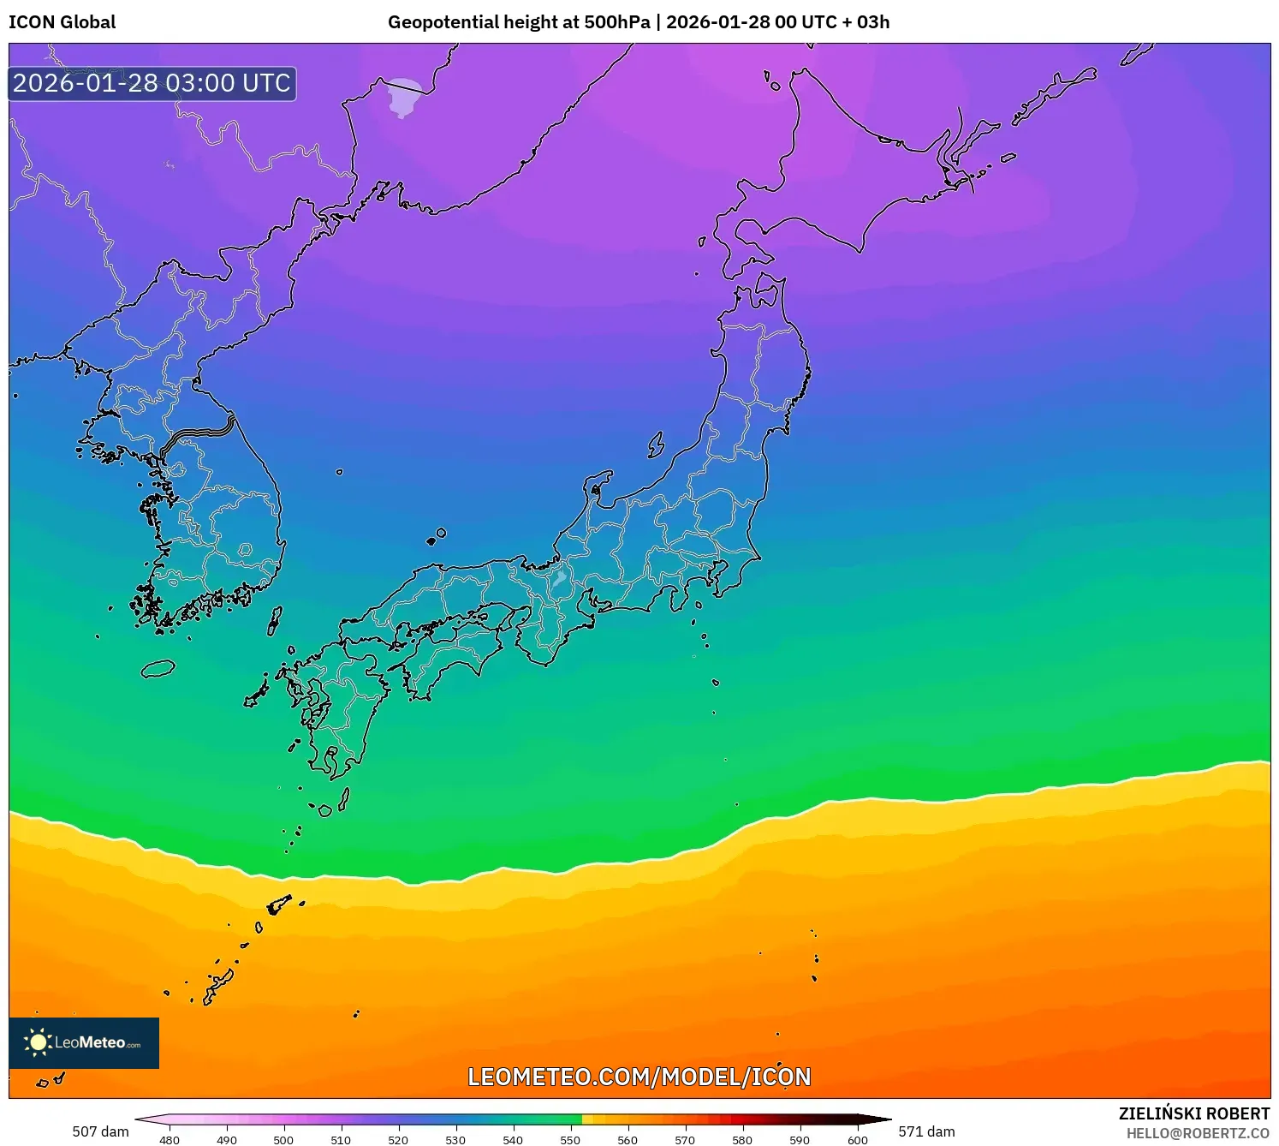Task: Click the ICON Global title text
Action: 62,22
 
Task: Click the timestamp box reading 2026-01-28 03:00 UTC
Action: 152,84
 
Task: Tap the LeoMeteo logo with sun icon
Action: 84,1042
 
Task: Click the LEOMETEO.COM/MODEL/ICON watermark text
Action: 639,1077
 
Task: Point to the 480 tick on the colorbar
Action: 170,1140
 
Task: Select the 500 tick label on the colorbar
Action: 283,1140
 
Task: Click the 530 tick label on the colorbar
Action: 455,1140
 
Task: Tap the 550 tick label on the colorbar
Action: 570,1140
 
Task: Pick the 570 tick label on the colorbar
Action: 685,1140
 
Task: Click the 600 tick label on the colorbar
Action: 857,1140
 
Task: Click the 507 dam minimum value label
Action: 100,1131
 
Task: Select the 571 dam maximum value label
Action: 926,1131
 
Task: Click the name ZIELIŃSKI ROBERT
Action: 1194,1113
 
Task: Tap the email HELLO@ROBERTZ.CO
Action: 1198,1133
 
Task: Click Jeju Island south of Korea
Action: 158,669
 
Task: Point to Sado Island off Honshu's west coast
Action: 656,445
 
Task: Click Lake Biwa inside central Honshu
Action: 560,577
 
